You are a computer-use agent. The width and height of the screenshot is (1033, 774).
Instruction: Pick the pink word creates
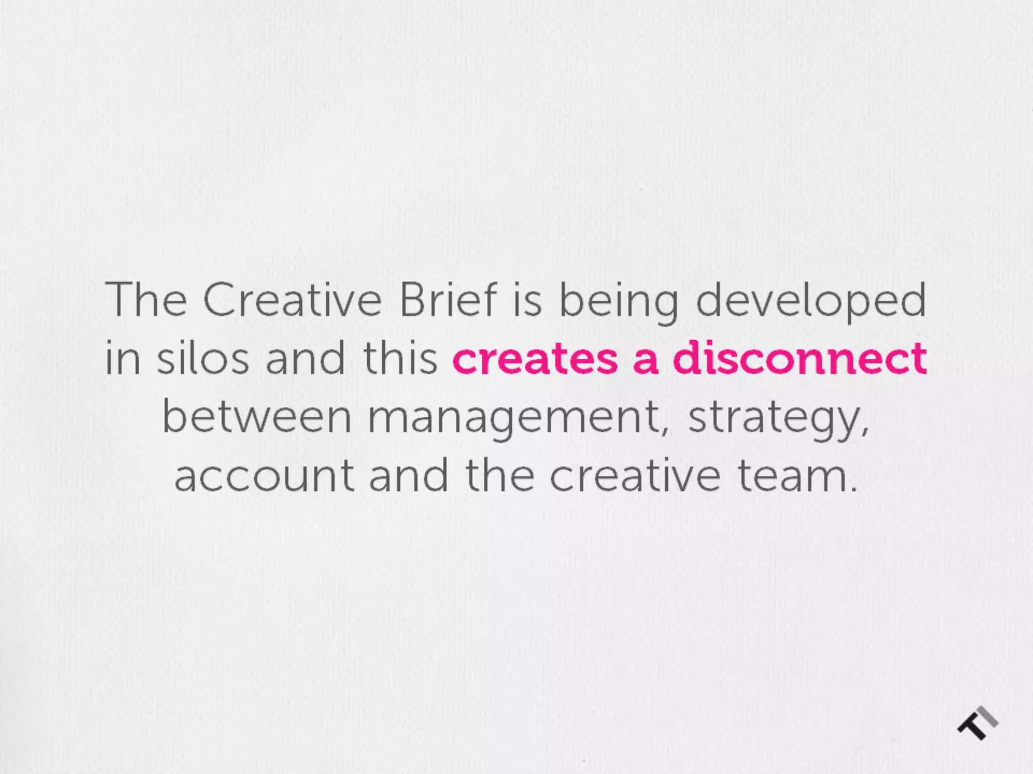click(535, 359)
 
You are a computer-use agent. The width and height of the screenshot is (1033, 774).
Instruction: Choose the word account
click(264, 477)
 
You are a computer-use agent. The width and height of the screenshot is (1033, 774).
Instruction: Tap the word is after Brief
click(527, 300)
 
